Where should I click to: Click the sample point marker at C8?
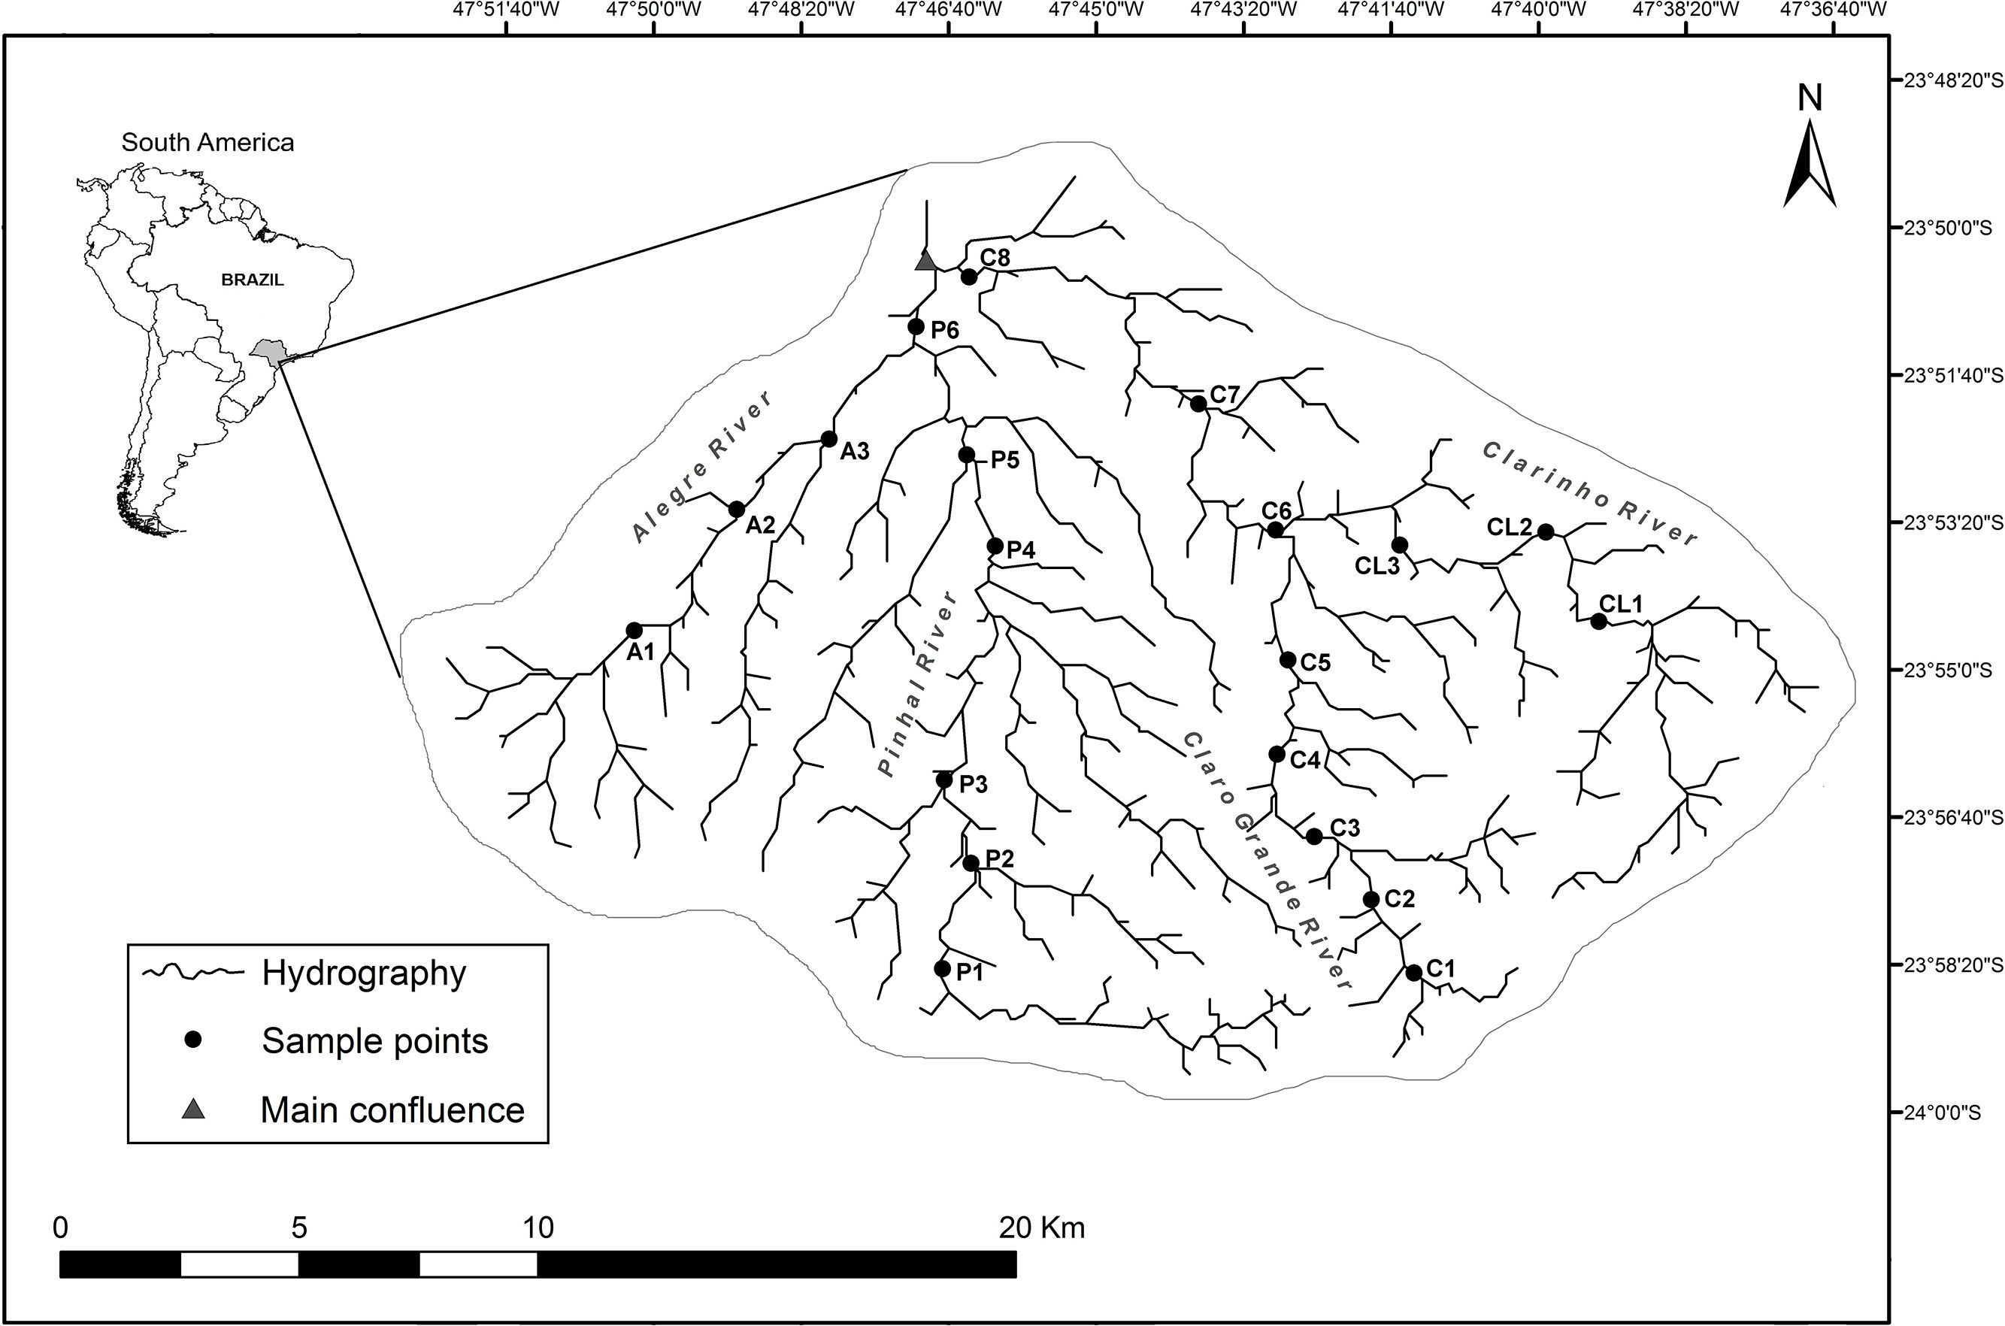coord(969,277)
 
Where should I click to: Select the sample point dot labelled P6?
coord(916,326)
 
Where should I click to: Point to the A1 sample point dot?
coord(635,630)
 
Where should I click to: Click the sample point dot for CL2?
coord(1545,532)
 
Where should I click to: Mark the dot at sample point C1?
coord(1414,973)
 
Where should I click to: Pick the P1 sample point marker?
coord(943,968)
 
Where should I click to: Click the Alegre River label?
coord(703,466)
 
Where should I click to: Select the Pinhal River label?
coord(919,683)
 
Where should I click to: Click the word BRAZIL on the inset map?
coord(253,280)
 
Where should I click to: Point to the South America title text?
coord(208,142)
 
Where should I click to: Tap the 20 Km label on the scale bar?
coord(1042,1227)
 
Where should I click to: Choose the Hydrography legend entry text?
coord(364,973)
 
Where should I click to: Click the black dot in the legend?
coord(194,1040)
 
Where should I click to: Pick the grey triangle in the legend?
coord(194,1109)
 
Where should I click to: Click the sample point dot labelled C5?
coord(1288,660)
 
